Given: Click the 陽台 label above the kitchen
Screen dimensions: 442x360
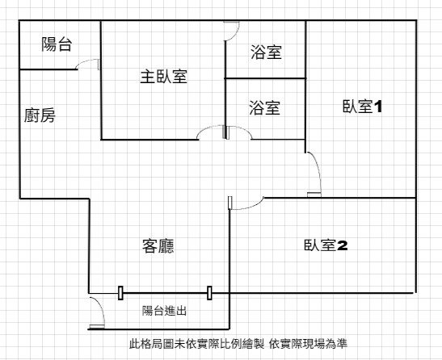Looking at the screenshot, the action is (57, 44).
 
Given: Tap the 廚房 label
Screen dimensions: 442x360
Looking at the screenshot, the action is (40, 115).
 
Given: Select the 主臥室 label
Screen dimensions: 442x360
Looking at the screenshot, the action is (164, 77).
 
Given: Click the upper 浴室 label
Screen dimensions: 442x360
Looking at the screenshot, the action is (266, 52).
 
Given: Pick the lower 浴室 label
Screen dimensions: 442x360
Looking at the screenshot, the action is (264, 107).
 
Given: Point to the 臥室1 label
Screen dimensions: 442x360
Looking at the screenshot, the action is (362, 107).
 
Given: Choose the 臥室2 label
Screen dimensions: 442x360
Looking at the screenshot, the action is (326, 245).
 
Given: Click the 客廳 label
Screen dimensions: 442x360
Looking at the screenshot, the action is (158, 246).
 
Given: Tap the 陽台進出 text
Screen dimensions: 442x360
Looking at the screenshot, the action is (164, 311).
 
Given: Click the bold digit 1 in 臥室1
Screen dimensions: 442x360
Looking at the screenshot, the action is (377, 107).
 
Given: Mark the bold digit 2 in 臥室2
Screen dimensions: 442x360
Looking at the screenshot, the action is (343, 245).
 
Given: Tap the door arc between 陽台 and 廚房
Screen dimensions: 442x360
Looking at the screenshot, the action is (85, 61).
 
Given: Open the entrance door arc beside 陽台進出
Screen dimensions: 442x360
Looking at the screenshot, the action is (100, 308).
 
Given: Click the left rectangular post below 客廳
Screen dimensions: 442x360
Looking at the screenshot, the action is (120, 293).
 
